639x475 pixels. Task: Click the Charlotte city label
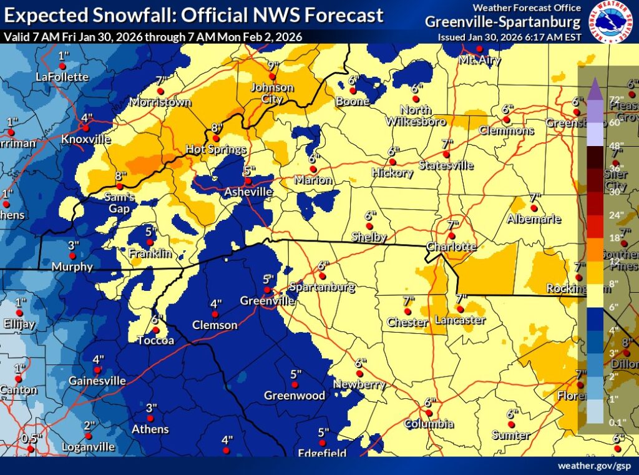(451, 247)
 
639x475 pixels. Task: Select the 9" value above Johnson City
(272, 66)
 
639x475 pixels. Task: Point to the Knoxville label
(86, 139)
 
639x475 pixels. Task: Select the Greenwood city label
(295, 395)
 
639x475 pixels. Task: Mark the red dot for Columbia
(428, 413)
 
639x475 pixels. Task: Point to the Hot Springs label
(216, 150)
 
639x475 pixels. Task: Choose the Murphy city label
(72, 267)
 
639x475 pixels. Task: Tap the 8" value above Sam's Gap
(120, 176)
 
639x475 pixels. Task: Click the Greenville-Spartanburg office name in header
(503, 22)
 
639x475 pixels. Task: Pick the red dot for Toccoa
(155, 330)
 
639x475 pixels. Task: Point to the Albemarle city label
(534, 219)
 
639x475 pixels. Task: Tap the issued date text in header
(509, 37)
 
